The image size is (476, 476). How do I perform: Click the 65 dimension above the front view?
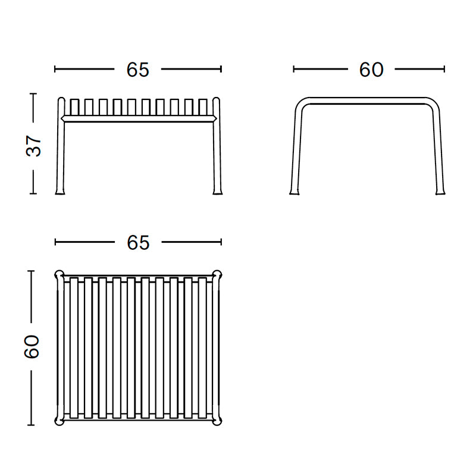pos(137,70)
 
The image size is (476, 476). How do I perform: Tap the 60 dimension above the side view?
pos(371,70)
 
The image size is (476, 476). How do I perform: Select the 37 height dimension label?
pos(35,145)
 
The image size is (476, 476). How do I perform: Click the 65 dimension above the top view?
pos(137,242)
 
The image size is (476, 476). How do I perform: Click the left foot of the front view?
pos(61,191)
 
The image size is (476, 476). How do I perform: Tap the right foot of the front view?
pos(217,191)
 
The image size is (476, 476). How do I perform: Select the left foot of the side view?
pos(294,191)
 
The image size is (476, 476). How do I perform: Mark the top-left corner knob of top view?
pos(59,275)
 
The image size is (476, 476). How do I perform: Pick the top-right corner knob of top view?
pos(217,275)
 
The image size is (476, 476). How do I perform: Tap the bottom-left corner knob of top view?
pos(59,421)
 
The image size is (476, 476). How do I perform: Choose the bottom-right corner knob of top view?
pos(217,421)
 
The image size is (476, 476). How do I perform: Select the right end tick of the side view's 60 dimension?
pos(444,69)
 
